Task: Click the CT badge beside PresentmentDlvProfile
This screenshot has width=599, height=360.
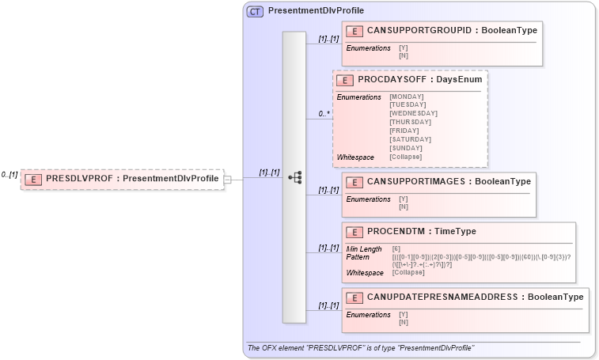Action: pyautogui.click(x=255, y=12)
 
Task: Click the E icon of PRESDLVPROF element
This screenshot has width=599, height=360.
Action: pyautogui.click(x=33, y=179)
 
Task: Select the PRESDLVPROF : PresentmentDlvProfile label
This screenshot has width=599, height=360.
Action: pyautogui.click(x=132, y=179)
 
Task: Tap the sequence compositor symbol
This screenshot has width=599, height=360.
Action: pyautogui.click(x=294, y=177)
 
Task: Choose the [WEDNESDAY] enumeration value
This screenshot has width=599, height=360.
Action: pyautogui.click(x=413, y=113)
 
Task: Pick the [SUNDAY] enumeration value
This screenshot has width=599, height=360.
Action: pyautogui.click(x=406, y=148)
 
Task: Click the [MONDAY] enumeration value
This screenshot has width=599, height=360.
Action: pyautogui.click(x=407, y=97)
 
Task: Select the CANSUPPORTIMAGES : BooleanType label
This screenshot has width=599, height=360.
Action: pyautogui.click(x=449, y=181)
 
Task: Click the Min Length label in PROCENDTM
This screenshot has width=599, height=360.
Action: pyautogui.click(x=364, y=249)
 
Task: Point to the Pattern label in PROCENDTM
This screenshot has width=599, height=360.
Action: pyautogui.click(x=358, y=257)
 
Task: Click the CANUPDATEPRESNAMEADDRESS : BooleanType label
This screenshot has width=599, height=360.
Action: pyautogui.click(x=475, y=297)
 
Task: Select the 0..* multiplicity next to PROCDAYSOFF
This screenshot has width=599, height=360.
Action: pyautogui.click(x=324, y=114)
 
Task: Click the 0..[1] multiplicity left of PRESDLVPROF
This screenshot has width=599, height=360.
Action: pyautogui.click(x=9, y=175)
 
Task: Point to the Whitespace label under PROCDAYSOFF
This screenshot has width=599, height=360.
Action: pyautogui.click(x=355, y=157)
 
